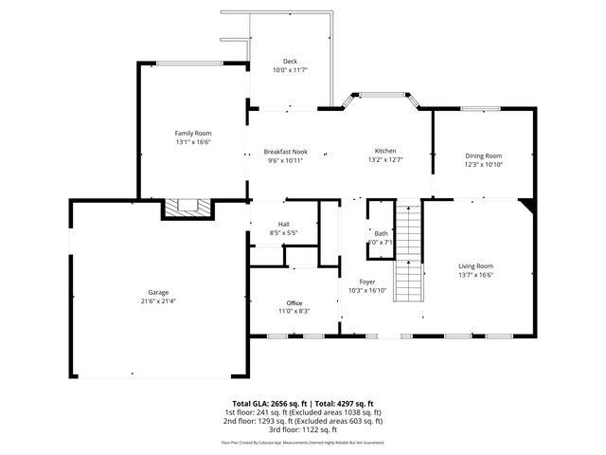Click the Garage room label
click(157, 292)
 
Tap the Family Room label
click(192, 133)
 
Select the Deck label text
click(290, 61)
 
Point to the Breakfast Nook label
click(285, 152)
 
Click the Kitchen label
click(384, 151)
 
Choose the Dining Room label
click(483, 155)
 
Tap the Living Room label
click(476, 266)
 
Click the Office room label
click(294, 302)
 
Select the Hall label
click(283, 224)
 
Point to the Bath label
click(381, 233)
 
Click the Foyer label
click(367, 282)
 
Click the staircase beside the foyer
click(407, 250)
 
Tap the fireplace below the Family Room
click(187, 206)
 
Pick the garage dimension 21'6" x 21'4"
click(157, 301)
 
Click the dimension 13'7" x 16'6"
click(476, 275)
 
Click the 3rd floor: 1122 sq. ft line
click(302, 428)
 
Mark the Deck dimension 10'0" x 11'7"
click(290, 70)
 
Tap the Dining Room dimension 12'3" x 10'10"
click(483, 164)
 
